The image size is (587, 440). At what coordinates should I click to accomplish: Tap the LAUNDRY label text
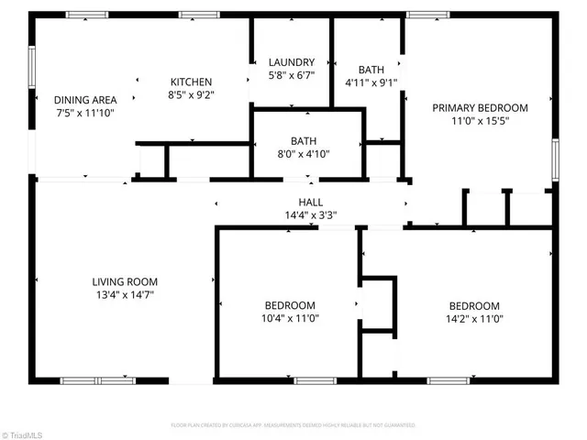[292, 62]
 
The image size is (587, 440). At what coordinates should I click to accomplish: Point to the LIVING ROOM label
[125, 281]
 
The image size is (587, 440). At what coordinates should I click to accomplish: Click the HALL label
[311, 203]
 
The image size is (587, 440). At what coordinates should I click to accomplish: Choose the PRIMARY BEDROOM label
[480, 107]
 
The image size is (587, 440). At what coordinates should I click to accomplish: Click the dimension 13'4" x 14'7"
[125, 295]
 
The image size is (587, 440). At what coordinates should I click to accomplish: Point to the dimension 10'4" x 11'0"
[290, 319]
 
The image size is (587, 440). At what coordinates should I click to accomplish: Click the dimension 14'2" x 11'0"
[474, 319]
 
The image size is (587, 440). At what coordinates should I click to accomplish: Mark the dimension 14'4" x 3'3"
[311, 216]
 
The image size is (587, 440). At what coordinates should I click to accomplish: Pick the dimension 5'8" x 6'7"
[292, 76]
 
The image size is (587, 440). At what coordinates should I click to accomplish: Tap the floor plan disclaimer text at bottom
[293, 425]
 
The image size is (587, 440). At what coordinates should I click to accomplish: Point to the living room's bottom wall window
[97, 379]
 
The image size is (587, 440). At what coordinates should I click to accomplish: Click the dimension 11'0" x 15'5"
[480, 120]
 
